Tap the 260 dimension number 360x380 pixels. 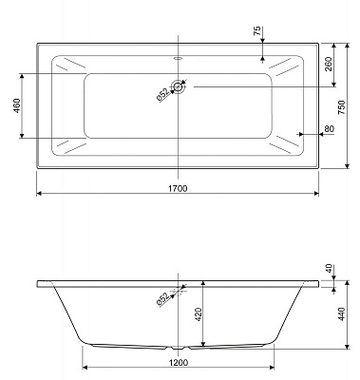(328, 65)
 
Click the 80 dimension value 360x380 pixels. (329, 130)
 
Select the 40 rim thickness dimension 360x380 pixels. (328, 268)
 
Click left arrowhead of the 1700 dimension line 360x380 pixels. (39, 195)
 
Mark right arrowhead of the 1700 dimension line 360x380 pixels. (316, 195)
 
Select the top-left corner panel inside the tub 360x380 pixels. (69, 67)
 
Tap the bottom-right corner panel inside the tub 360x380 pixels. (286, 146)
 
